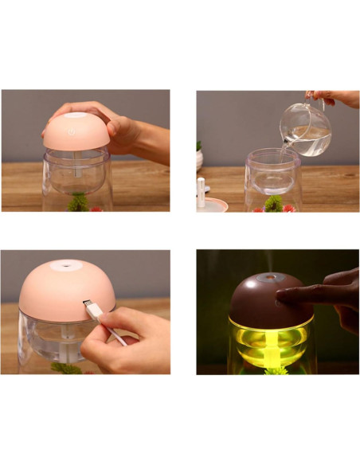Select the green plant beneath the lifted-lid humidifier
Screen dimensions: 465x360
78,204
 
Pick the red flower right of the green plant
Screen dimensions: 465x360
288,208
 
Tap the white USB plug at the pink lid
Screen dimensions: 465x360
90,307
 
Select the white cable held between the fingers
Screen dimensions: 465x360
112,330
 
